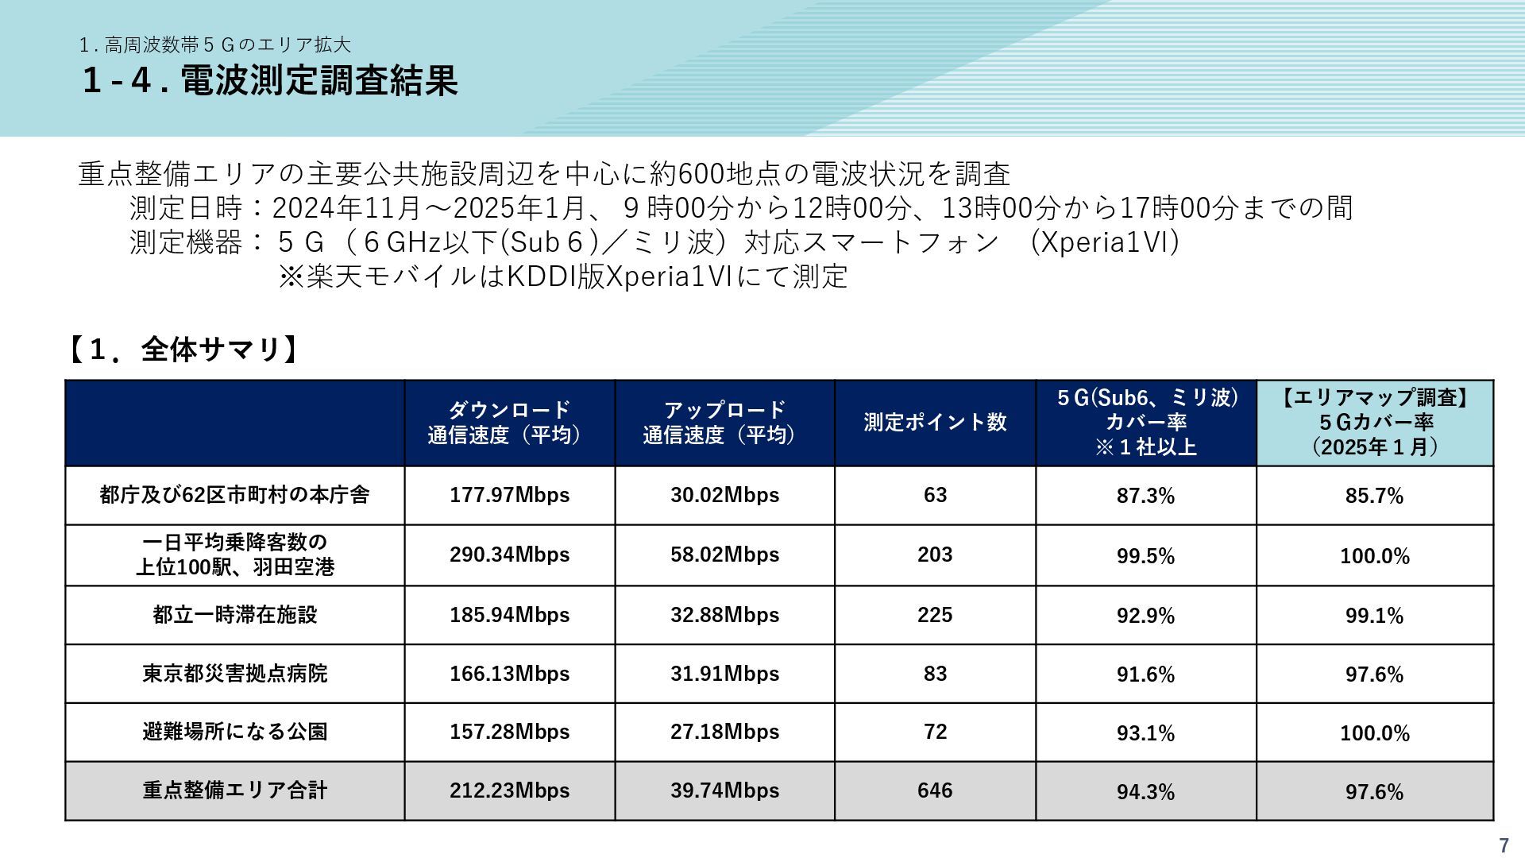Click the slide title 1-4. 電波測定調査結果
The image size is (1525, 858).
pyautogui.click(x=270, y=81)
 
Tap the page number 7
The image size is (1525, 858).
pyautogui.click(x=1503, y=845)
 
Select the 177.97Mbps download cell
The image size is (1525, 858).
pyautogui.click(x=509, y=495)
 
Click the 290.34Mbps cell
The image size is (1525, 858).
pyautogui.click(x=509, y=555)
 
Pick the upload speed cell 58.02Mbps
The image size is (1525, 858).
pyautogui.click(x=724, y=555)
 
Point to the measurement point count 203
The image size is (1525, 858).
pyautogui.click(x=935, y=555)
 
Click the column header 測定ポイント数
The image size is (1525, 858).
pyautogui.click(x=935, y=423)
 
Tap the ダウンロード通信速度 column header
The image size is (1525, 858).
pyautogui.click(x=509, y=423)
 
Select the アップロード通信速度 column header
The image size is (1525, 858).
pyautogui.click(x=724, y=423)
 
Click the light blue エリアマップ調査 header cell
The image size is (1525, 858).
pyautogui.click(x=1374, y=423)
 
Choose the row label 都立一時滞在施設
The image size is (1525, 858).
pyautogui.click(x=235, y=615)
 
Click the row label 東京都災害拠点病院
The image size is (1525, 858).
pyautogui.click(x=235, y=674)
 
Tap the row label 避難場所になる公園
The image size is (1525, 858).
pyautogui.click(x=235, y=732)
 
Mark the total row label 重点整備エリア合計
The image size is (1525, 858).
pyautogui.click(x=235, y=790)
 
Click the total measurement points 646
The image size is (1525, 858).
pyautogui.click(x=935, y=790)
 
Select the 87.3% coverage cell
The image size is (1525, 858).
pyautogui.click(x=1145, y=496)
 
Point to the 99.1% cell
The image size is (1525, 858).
pyautogui.click(x=1374, y=616)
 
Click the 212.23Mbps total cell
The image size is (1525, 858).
pyautogui.click(x=509, y=790)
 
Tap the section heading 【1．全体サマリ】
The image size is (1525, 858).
pyautogui.click(x=183, y=350)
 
